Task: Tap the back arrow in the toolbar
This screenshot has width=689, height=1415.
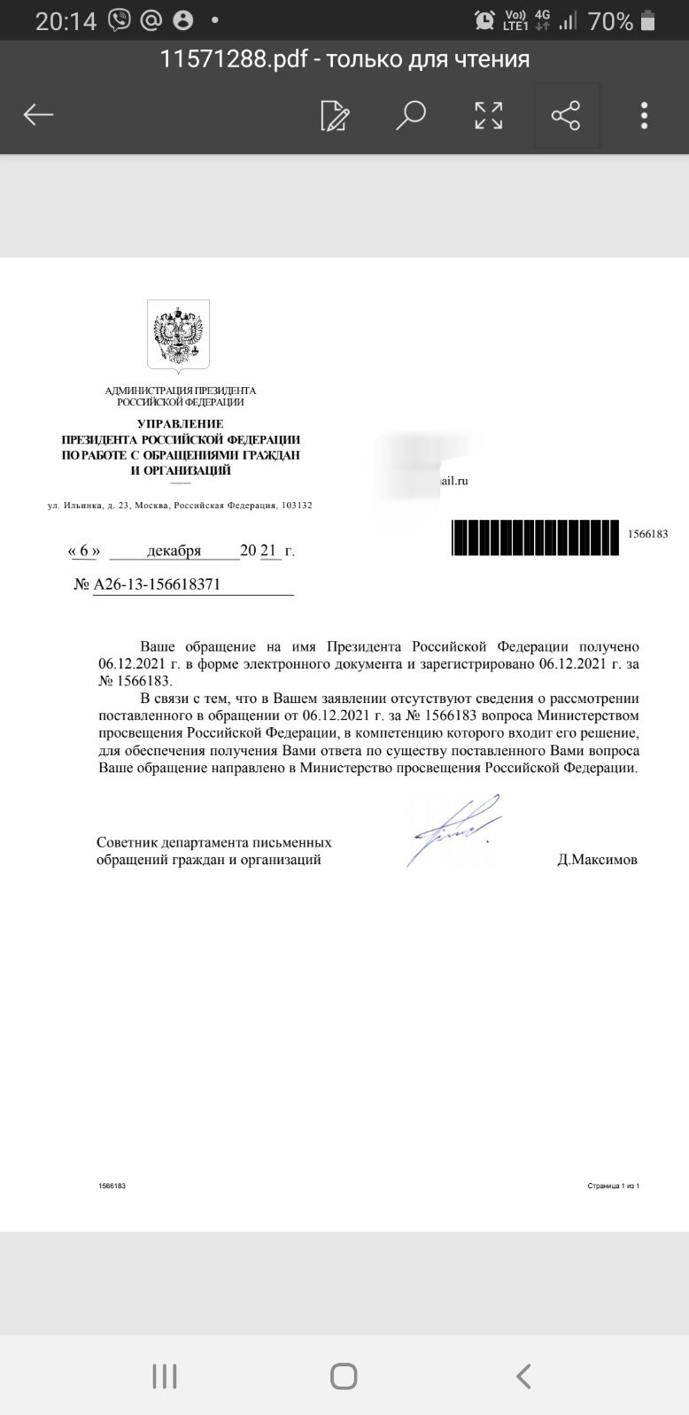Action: [39, 114]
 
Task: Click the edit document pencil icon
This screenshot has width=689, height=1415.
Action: [335, 115]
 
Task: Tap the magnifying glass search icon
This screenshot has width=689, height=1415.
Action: [411, 115]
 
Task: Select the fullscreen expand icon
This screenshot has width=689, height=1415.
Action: [488, 115]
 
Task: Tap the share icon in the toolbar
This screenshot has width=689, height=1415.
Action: [566, 115]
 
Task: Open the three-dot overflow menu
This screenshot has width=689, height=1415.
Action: [644, 115]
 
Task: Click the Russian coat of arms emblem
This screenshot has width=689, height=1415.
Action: [178, 335]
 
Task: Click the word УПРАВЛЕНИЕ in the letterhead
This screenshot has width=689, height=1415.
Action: [180, 424]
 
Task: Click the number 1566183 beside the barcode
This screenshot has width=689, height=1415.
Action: [646, 534]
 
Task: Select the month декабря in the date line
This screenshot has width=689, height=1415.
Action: [174, 551]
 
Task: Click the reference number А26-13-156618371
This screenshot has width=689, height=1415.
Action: [157, 584]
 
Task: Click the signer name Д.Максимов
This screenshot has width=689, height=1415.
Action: [597, 859]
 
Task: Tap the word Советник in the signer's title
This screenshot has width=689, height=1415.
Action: [128, 842]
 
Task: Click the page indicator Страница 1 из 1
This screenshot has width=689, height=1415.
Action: [613, 1186]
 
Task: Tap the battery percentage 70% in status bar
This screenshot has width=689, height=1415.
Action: [610, 21]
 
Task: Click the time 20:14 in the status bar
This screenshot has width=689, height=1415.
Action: [65, 21]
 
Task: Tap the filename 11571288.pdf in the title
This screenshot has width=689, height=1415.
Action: [234, 59]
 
